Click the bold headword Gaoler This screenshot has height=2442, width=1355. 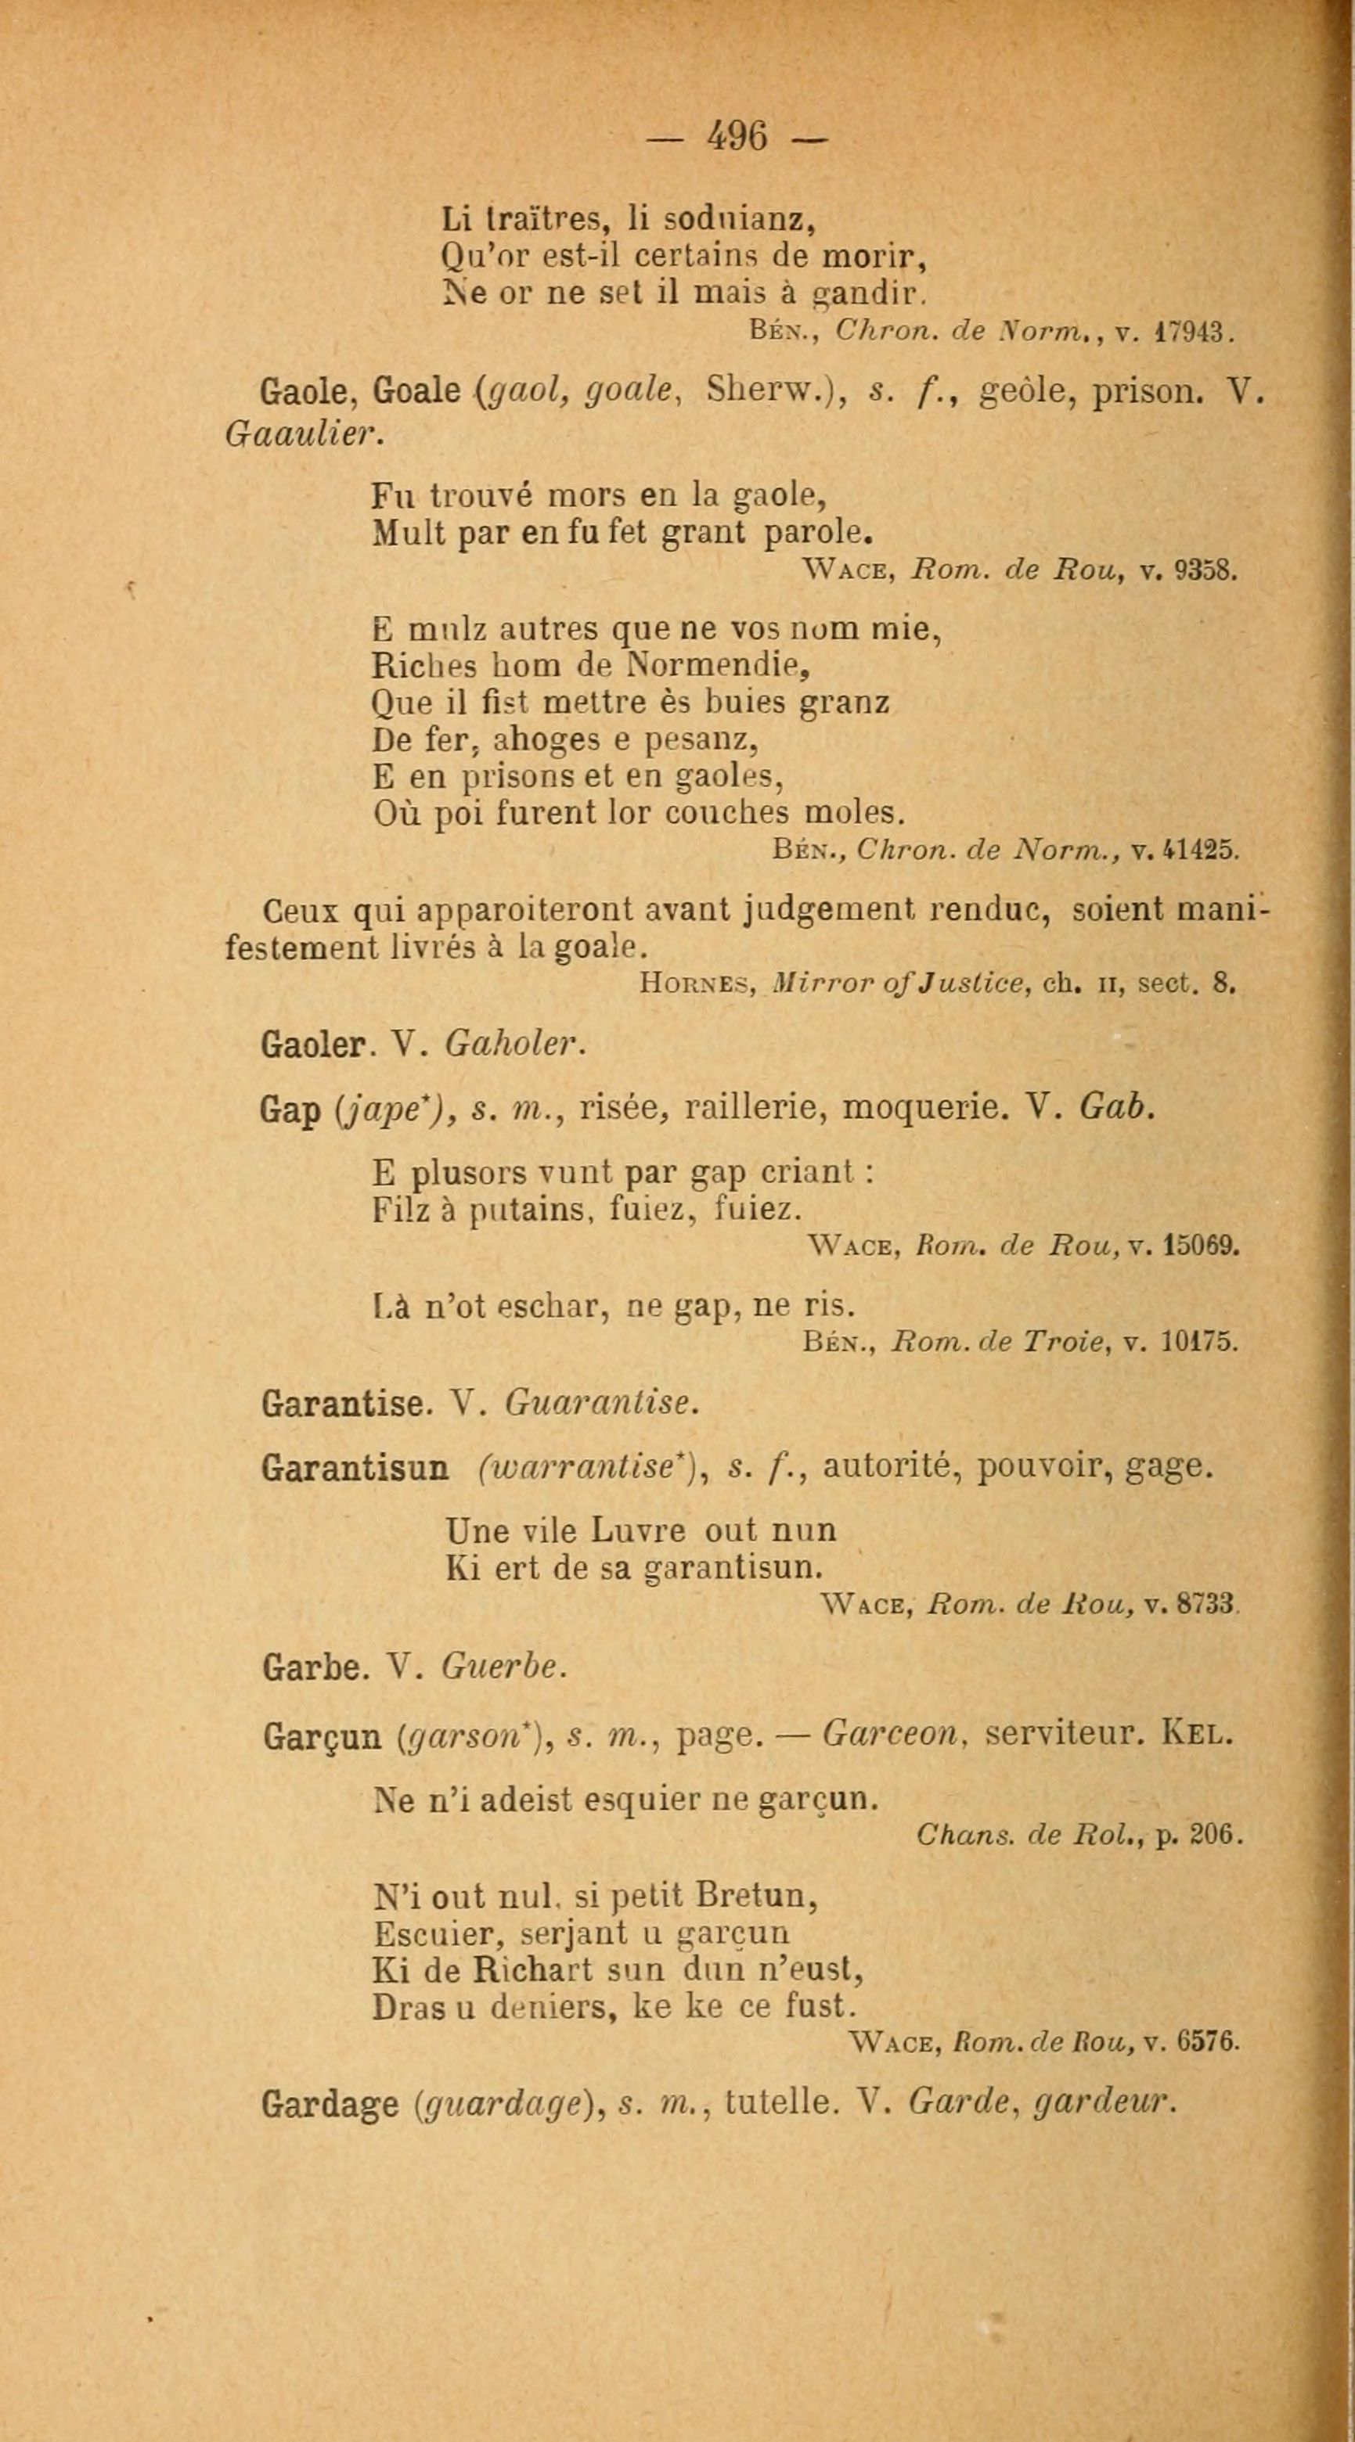[x=312, y=1044]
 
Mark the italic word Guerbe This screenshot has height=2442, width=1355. [x=503, y=1667]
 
